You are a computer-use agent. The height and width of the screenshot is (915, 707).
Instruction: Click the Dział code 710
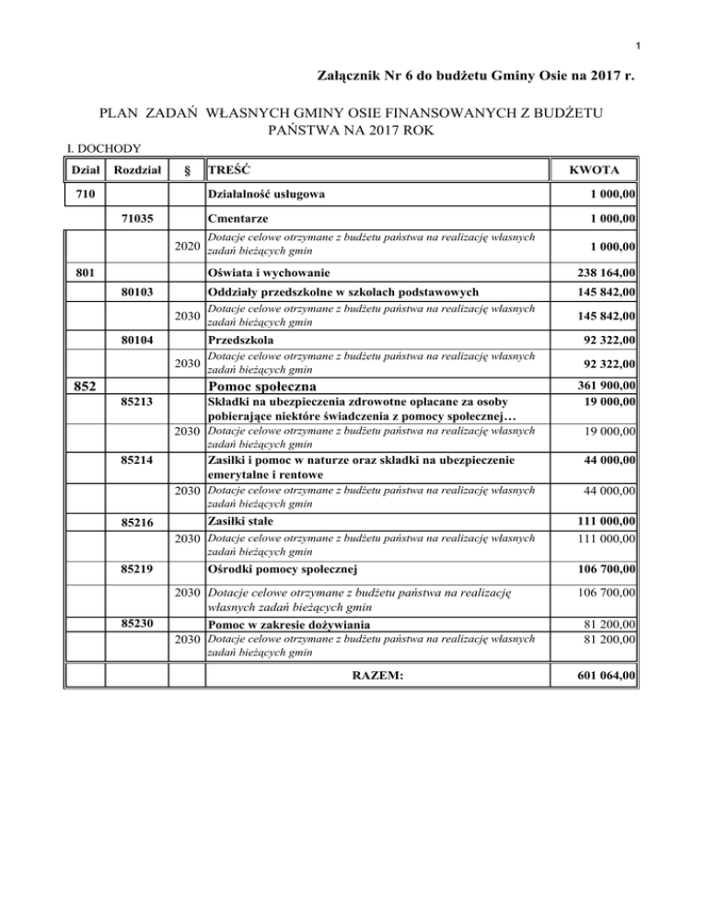click(80, 194)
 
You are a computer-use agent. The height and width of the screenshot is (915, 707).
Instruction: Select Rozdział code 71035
click(137, 221)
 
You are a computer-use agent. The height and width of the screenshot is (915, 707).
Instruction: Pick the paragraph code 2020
click(187, 247)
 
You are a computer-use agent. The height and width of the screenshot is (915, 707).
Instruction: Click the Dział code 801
click(80, 272)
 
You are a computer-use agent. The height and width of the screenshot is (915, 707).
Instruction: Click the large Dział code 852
click(79, 385)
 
